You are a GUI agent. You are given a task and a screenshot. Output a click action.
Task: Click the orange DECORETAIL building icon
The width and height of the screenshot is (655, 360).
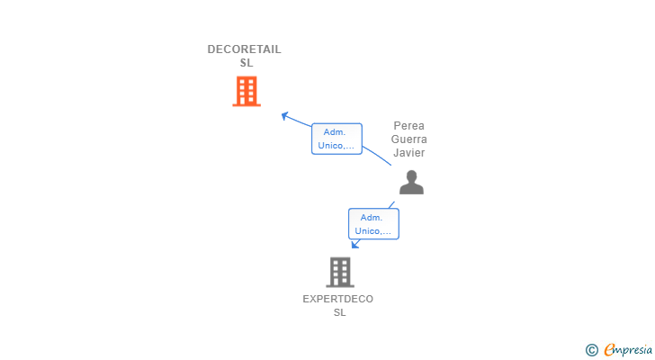click(246, 91)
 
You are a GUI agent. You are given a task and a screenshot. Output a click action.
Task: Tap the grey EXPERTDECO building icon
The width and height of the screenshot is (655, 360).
click(339, 272)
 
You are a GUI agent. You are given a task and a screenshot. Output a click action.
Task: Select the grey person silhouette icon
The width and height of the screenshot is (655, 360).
click(411, 183)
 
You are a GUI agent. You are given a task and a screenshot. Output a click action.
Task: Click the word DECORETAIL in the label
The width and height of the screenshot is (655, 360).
click(245, 49)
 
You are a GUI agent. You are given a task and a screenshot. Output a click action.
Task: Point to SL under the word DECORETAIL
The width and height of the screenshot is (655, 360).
click(246, 63)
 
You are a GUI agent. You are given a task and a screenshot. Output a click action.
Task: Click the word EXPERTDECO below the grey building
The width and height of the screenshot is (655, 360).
click(338, 299)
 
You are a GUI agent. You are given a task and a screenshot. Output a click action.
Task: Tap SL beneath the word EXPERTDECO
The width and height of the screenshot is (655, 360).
click(339, 312)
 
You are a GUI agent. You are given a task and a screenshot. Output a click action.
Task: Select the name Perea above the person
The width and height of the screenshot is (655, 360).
click(409, 126)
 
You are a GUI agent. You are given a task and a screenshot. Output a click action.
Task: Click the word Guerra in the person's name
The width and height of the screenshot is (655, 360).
click(409, 139)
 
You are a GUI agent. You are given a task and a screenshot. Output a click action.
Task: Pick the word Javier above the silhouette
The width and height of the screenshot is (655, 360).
click(409, 153)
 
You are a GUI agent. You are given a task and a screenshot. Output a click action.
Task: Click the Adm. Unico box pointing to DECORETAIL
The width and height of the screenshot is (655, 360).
click(336, 139)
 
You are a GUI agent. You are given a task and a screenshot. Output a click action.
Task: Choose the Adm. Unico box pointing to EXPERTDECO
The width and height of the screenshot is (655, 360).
click(373, 224)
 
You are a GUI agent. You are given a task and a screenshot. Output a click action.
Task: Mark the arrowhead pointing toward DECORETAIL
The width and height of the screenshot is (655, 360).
click(284, 115)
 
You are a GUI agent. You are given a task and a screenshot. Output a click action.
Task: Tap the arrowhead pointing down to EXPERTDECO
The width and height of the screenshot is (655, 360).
click(354, 244)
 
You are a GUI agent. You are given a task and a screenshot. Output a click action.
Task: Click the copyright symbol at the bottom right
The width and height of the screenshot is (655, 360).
click(591, 350)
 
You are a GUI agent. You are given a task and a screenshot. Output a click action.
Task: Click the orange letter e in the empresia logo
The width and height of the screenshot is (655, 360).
click(609, 350)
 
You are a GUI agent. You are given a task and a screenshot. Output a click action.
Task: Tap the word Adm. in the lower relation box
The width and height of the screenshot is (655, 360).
click(372, 218)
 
